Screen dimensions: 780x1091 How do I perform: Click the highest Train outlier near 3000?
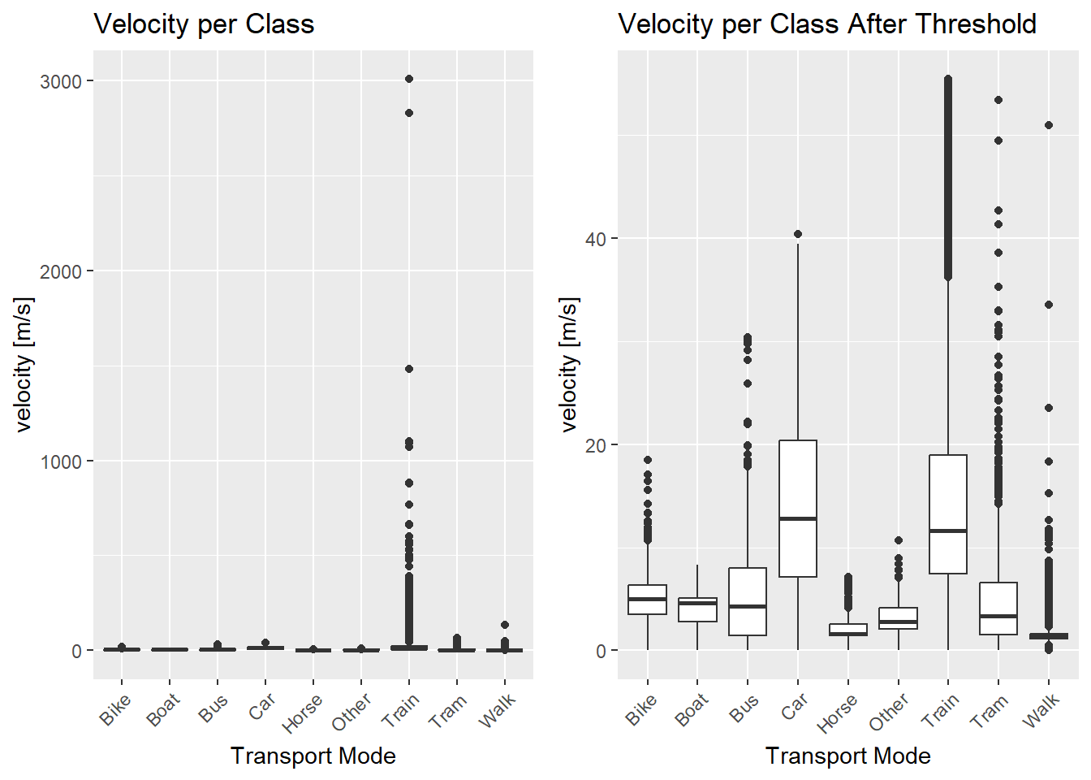pos(409,79)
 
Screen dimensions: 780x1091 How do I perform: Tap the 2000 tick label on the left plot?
pos(61,271)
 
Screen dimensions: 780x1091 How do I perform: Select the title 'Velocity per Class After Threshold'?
pos(826,24)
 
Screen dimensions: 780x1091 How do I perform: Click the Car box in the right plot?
pos(798,509)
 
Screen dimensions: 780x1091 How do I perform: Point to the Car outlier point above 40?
pos(798,234)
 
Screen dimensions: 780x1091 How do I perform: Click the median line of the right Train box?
pos(948,531)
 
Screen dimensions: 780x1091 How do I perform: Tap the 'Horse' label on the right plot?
pos(838,713)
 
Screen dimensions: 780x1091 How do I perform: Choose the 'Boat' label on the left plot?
pos(163,710)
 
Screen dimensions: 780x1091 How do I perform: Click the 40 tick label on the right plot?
pos(596,239)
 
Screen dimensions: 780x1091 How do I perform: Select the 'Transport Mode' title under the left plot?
pos(313,756)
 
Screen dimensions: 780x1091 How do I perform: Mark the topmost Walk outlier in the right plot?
pos(1049,125)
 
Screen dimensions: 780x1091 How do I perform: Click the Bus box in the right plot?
pos(748,601)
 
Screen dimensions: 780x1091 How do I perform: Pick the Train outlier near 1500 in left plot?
pos(409,369)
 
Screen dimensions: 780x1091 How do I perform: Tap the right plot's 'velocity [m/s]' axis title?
pos(569,364)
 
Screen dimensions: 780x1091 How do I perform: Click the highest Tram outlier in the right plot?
pos(998,100)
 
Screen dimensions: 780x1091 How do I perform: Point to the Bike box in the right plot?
pos(648,600)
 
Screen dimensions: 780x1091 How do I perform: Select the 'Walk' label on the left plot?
pos(497,710)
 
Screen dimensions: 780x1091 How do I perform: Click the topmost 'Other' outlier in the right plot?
pos(899,540)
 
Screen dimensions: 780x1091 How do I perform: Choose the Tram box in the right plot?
pos(998,608)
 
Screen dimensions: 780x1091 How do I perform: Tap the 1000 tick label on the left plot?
pos(61,461)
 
